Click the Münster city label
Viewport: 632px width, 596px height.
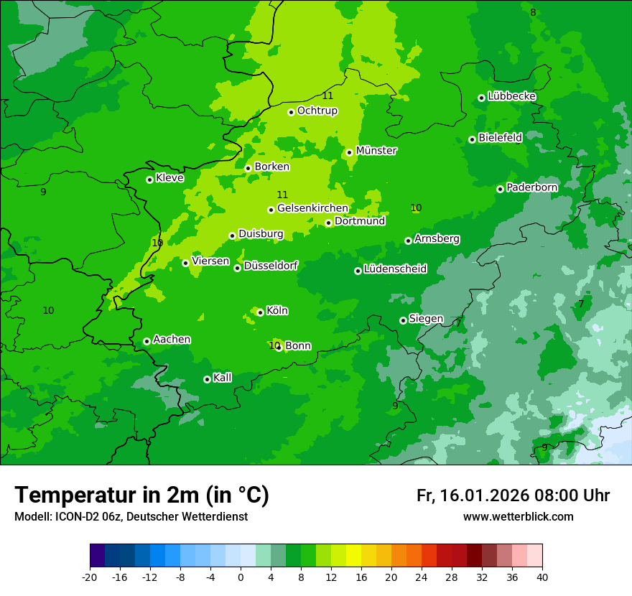point(376,151)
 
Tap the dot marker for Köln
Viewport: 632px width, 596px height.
point(260,312)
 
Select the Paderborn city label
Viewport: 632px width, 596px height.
point(532,187)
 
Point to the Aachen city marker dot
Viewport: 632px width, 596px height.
point(147,341)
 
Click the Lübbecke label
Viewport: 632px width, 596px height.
point(512,96)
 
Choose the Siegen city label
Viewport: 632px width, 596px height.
point(427,319)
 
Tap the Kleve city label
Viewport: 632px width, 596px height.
point(170,178)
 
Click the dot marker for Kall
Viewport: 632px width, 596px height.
point(207,379)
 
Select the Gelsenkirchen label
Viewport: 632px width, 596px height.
point(312,208)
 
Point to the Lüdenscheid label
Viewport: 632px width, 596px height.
point(396,269)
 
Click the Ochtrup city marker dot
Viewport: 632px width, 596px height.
point(291,112)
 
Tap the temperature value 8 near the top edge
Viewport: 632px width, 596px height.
point(533,12)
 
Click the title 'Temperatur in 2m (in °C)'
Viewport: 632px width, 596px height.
point(141,495)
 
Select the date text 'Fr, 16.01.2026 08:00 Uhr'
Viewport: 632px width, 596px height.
point(513,495)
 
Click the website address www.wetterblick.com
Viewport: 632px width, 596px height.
point(518,516)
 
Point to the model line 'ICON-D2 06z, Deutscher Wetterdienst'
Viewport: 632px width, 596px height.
point(131,516)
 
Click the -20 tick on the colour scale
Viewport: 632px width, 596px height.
point(90,577)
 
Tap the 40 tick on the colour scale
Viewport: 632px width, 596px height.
point(542,577)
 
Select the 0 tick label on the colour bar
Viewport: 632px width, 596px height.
point(241,577)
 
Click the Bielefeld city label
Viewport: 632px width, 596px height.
point(501,138)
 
